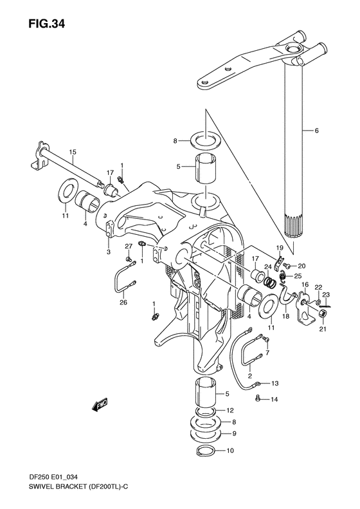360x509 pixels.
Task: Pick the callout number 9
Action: click(234, 434)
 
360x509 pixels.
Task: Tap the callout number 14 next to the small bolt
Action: click(275, 400)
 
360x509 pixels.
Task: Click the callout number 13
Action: click(274, 384)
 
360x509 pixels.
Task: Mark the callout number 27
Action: click(128, 246)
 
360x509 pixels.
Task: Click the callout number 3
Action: click(109, 252)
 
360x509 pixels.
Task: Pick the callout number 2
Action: click(249, 376)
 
